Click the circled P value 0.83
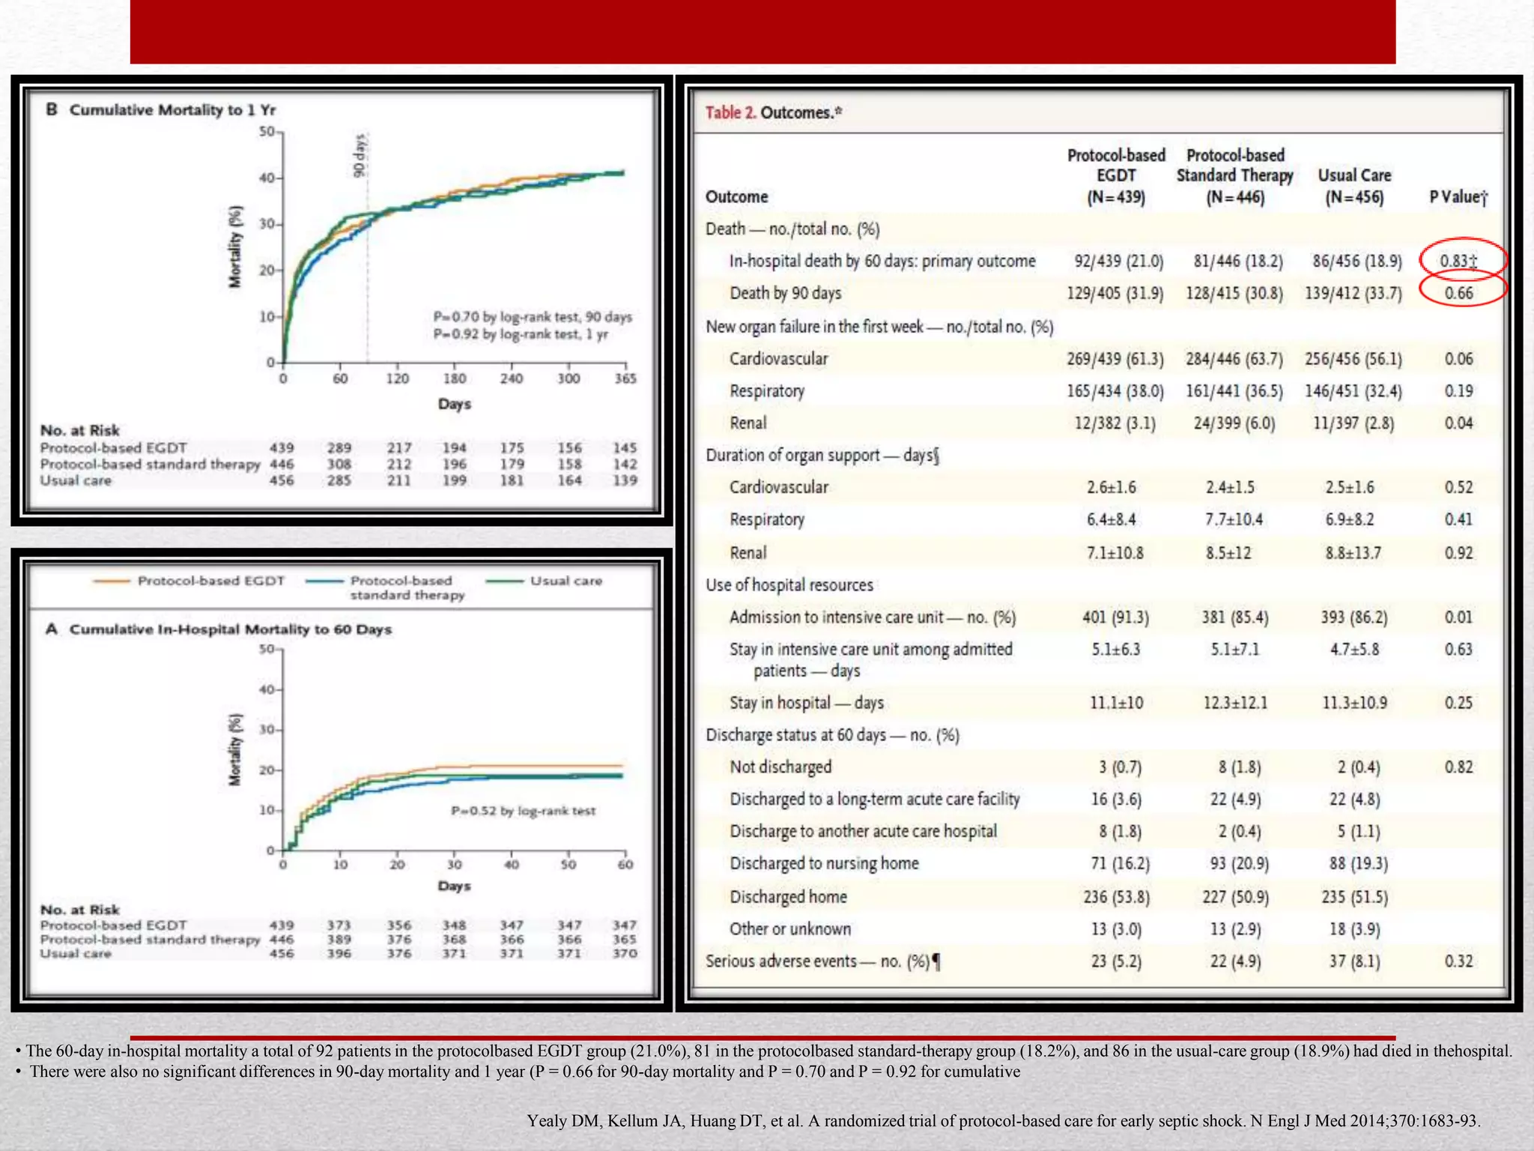(x=1458, y=261)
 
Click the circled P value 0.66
(x=1458, y=293)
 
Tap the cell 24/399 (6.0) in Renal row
(x=1234, y=423)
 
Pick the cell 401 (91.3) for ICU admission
(x=1115, y=617)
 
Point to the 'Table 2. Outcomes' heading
(x=773, y=112)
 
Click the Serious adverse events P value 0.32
(x=1458, y=961)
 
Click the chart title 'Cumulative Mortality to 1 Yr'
(x=172, y=110)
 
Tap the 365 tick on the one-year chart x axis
(x=625, y=379)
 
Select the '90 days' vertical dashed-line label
(x=359, y=156)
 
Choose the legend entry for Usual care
(x=566, y=581)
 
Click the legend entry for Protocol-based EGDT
(x=210, y=581)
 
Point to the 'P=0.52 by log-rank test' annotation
(x=523, y=811)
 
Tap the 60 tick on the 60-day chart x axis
(x=625, y=865)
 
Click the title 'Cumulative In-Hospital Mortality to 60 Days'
(x=230, y=629)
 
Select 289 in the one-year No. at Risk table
(x=339, y=448)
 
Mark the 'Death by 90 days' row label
(x=785, y=293)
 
